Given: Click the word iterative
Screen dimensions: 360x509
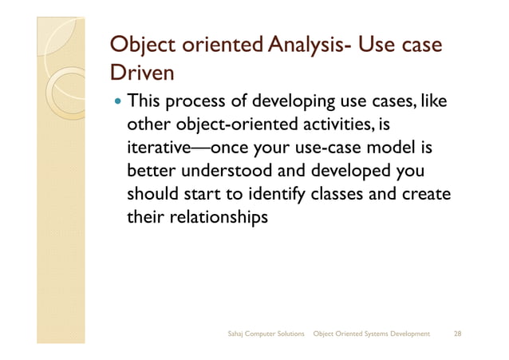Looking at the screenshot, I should pyautogui.click(x=161, y=148).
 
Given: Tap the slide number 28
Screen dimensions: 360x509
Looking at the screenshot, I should pyautogui.click(x=457, y=331).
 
